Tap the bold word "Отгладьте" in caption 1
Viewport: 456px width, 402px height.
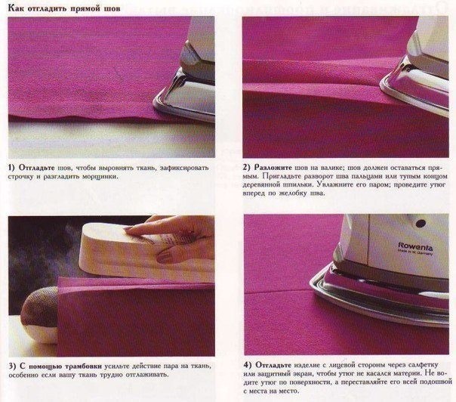37,168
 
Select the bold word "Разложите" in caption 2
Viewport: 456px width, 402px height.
273,168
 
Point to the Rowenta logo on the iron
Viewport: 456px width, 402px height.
415,248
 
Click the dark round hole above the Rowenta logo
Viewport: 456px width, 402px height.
421,224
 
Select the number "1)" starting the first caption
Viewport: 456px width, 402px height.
11,168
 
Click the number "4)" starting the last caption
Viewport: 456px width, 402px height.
248,365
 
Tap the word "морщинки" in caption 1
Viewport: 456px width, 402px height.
100,176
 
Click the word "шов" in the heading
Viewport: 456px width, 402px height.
112,8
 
